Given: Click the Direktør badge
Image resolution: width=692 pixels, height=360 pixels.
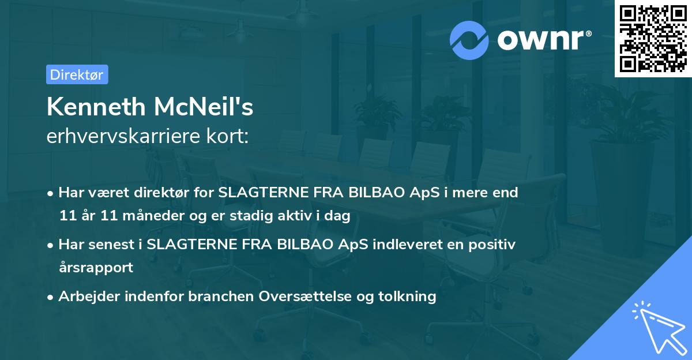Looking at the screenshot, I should [77, 74].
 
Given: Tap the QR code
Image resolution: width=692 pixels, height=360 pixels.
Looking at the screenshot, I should [653, 39].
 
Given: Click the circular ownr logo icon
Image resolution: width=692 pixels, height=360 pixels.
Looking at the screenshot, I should [469, 40].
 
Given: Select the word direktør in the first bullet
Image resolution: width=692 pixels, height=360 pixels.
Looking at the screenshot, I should [163, 193].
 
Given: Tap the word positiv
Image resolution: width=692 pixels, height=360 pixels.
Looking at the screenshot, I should [494, 244].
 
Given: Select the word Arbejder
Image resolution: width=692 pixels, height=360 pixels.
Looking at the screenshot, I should [86, 297].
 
